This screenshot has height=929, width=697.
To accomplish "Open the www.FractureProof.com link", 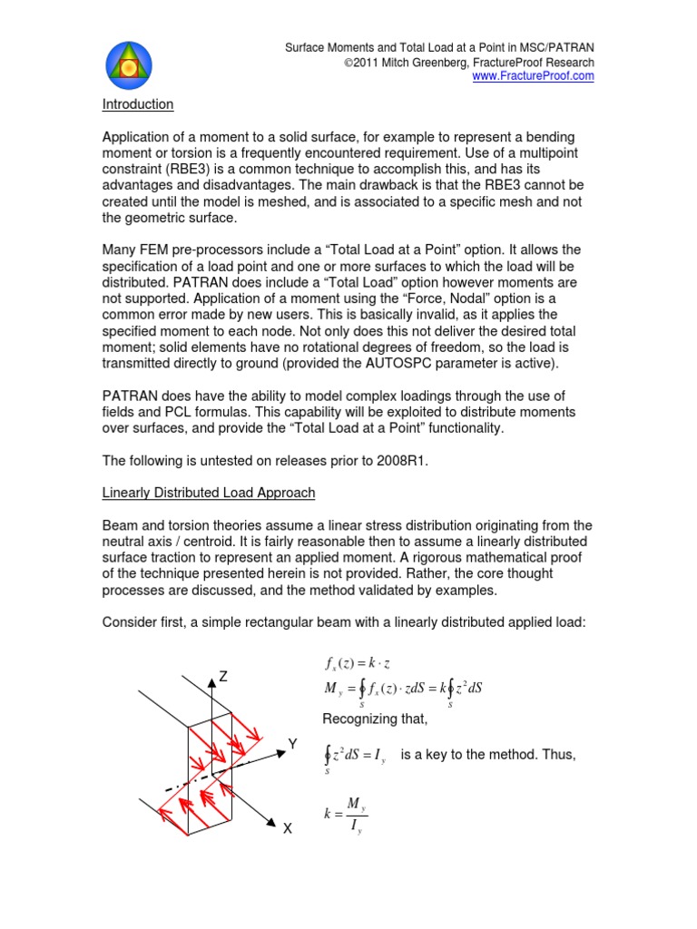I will coord(534,77).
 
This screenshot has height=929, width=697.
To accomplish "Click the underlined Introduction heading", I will coord(137,104).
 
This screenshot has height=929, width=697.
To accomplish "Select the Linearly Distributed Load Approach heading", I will coord(208,493).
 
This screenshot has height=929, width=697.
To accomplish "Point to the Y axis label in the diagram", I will coord(292,745).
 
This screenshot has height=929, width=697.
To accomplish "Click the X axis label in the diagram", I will coord(287,828).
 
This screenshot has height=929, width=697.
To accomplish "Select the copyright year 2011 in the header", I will coord(355,63).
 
